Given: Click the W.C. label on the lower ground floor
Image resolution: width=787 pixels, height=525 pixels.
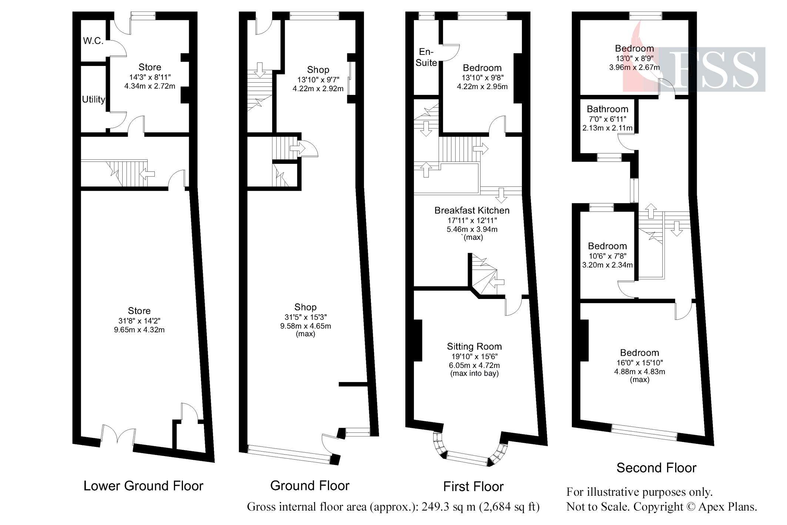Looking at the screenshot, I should pyautogui.click(x=93, y=41).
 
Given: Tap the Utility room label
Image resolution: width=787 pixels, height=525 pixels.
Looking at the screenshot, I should pyautogui.click(x=93, y=99).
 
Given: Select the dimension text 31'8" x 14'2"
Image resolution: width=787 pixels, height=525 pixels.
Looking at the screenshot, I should pyautogui.click(x=139, y=321).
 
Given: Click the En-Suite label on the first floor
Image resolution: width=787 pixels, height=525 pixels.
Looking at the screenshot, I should pyautogui.click(x=426, y=57).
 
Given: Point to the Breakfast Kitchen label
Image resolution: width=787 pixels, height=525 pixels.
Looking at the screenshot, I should pyautogui.click(x=472, y=210).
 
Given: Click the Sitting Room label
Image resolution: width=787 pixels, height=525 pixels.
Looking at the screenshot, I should pyautogui.click(x=474, y=347).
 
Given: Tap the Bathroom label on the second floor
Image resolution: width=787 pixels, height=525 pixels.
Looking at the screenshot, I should pyautogui.click(x=607, y=109).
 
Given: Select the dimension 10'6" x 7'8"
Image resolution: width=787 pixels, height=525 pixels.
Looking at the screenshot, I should pyautogui.click(x=607, y=256).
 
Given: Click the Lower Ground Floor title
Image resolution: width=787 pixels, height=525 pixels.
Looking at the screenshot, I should pyautogui.click(x=143, y=486).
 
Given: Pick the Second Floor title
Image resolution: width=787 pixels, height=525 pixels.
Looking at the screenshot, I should pyautogui.click(x=656, y=468).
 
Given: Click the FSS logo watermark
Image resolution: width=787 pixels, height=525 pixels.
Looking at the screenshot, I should pyautogui.click(x=713, y=69).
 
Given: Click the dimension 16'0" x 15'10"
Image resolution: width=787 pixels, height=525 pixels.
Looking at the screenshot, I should pyautogui.click(x=639, y=363).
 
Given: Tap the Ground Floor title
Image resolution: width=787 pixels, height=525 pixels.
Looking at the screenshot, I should pyautogui.click(x=309, y=486).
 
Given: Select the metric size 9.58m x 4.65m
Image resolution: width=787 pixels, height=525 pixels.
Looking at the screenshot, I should pyautogui.click(x=305, y=326).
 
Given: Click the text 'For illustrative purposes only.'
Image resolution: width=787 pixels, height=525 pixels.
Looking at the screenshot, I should pyautogui.click(x=639, y=492).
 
